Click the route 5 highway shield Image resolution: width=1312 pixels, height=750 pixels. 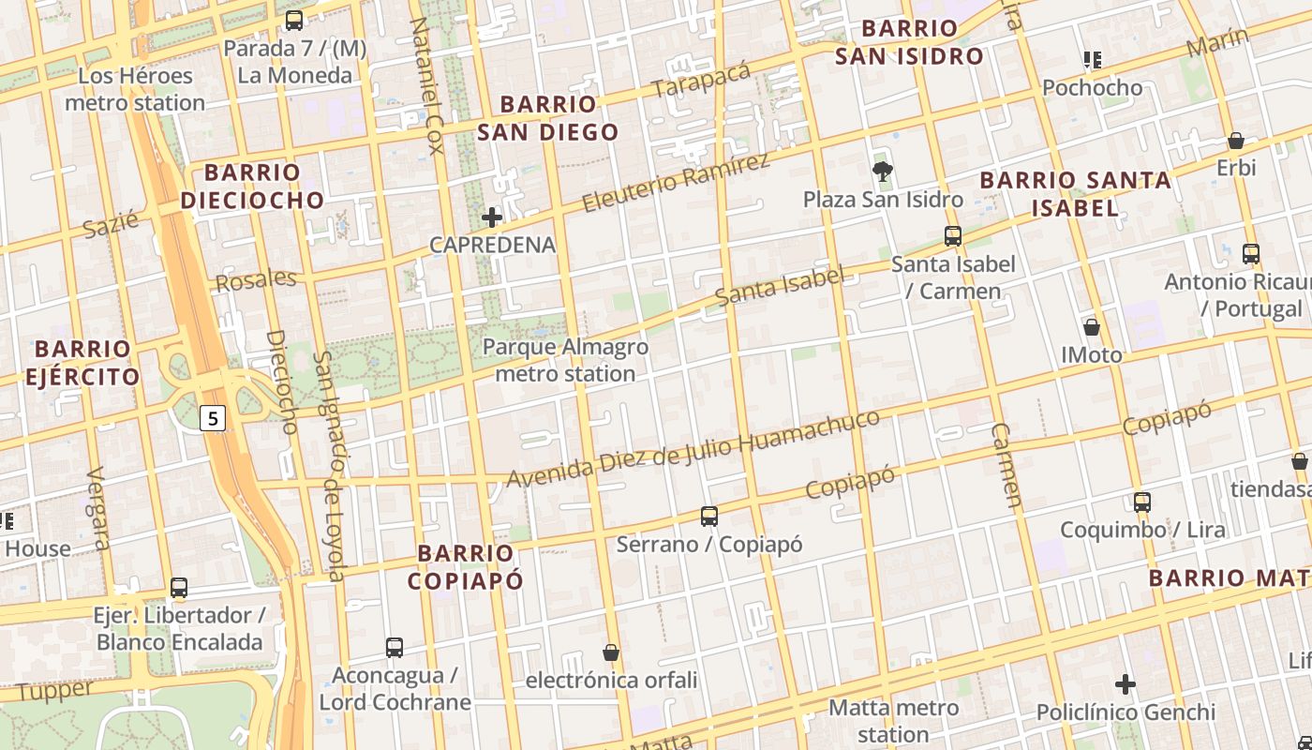pos(214,418)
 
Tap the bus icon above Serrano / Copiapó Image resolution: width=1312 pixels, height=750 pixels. pos(709,516)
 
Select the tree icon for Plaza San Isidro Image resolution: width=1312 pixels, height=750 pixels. pos(882,171)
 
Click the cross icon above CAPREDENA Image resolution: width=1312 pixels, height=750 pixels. pos(492,217)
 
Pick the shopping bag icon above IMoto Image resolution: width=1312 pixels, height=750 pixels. pos(1092,327)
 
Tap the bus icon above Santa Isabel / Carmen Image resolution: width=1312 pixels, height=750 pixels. pos(953,236)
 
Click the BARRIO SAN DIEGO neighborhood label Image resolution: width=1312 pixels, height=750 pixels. pos(548,118)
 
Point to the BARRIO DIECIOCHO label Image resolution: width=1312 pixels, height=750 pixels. pos(252,186)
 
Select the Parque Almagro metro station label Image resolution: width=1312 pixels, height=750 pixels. pos(565,360)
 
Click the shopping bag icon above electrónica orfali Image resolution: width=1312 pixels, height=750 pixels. pos(611,652)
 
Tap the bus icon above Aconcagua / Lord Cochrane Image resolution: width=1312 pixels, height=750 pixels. pos(395,647)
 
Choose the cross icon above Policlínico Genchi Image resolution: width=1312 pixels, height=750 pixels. pos(1126,684)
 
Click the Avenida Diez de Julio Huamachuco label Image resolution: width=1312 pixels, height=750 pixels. pos(693,448)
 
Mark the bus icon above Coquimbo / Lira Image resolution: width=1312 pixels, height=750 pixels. pos(1142,502)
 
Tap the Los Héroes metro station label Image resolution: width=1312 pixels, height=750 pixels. pos(135,89)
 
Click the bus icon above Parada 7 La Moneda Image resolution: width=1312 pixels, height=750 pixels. pos(294,20)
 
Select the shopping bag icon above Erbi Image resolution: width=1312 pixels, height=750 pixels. pos(1236,141)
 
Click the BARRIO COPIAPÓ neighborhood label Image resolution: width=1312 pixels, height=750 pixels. pos(466,566)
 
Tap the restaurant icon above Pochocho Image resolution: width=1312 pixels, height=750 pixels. pos(1092,60)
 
